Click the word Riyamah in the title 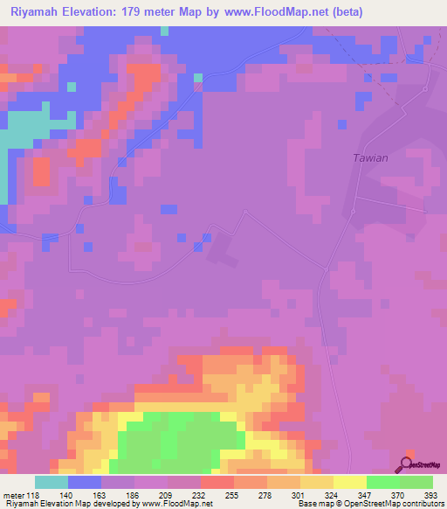click(36, 12)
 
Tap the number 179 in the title click(143, 12)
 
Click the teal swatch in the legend click(52, 482)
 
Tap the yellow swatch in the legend click(350, 482)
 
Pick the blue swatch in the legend click(85, 482)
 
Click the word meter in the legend click(13, 495)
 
